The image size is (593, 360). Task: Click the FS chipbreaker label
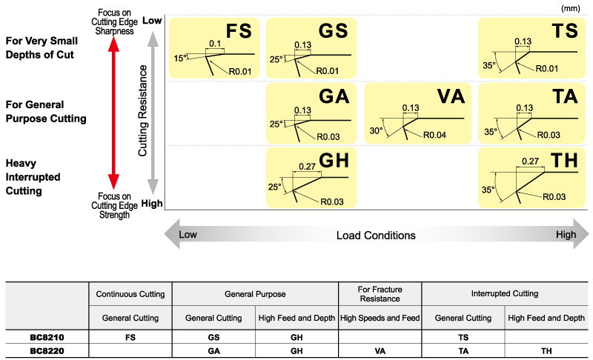(x=239, y=31)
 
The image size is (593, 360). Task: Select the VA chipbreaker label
(x=451, y=96)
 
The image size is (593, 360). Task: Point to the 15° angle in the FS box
(x=178, y=58)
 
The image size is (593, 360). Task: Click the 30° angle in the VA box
(x=377, y=130)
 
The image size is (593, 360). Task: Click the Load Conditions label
(x=376, y=236)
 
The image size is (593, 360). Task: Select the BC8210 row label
(x=46, y=336)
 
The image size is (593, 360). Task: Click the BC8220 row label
(x=46, y=350)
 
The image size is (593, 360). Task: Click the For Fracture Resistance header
(x=380, y=294)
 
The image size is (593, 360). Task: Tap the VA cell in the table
(x=380, y=350)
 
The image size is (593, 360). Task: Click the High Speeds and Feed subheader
(x=380, y=318)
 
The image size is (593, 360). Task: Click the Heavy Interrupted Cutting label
(x=35, y=176)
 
